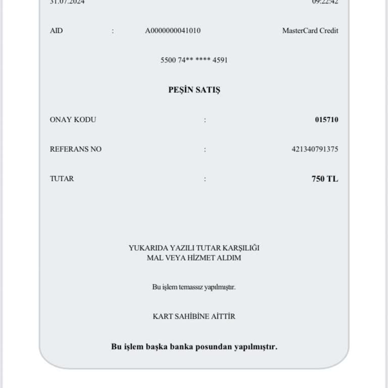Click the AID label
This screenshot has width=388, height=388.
click(56, 31)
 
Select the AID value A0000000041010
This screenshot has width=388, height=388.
click(173, 31)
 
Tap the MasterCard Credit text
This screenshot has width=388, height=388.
click(310, 31)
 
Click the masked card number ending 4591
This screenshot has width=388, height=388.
click(194, 60)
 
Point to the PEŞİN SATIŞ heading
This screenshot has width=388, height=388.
click(194, 90)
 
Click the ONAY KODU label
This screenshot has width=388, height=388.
click(73, 120)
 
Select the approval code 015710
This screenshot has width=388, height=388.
click(326, 120)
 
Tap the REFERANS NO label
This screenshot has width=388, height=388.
click(75, 149)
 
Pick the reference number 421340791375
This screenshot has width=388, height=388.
click(315, 149)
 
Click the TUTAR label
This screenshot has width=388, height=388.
click(62, 178)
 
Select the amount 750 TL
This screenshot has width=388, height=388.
click(325, 178)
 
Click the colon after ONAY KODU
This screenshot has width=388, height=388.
click(205, 120)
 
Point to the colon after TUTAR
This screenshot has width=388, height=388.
click(205, 179)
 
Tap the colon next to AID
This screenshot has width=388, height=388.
click(113, 31)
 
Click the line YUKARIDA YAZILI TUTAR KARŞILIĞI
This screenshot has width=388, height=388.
click(194, 248)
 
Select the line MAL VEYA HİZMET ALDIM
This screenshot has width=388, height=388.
click(194, 258)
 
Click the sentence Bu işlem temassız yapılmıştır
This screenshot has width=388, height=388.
click(194, 287)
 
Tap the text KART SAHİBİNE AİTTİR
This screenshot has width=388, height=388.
click(194, 316)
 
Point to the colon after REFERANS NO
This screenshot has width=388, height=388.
click(205, 150)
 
